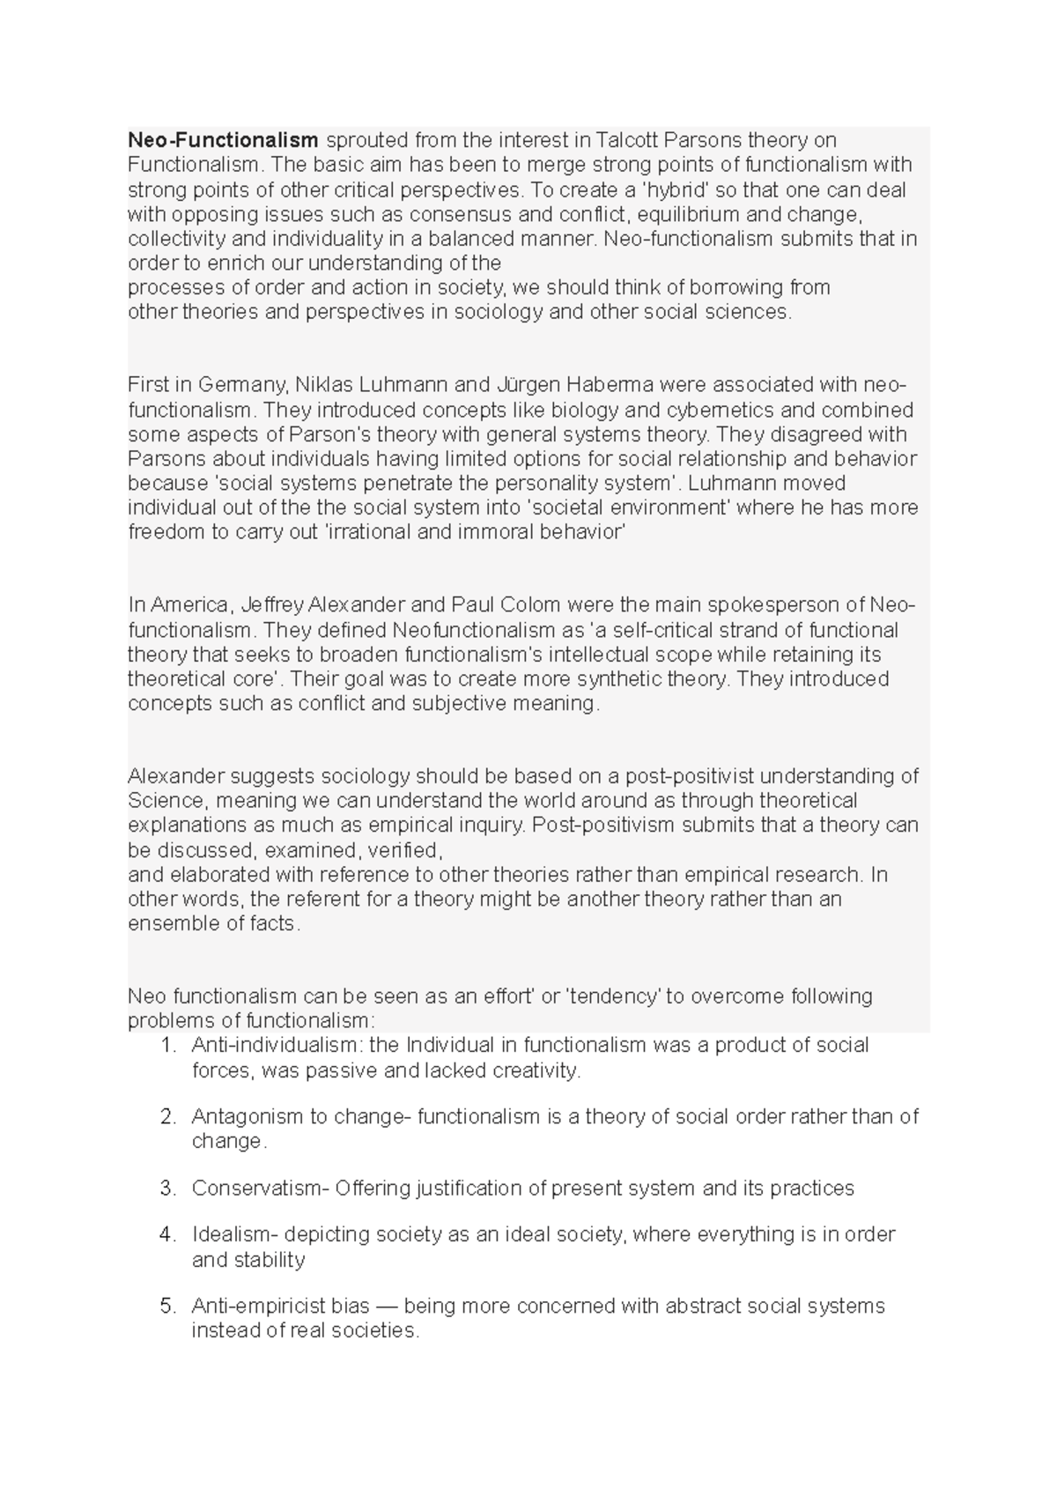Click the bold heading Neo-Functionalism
223,140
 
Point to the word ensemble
167,923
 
